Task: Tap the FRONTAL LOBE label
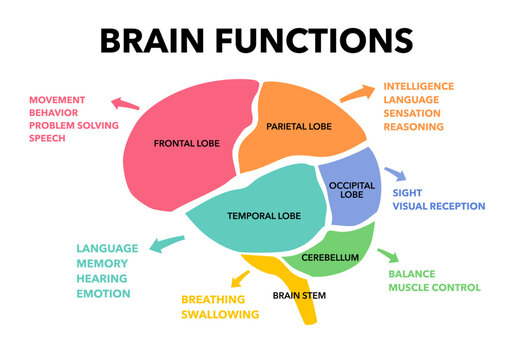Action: [187, 144]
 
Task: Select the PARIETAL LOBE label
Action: [299, 127]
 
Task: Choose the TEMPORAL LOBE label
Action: [263, 215]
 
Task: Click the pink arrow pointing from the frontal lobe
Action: [124, 103]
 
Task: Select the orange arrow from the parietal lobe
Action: [353, 93]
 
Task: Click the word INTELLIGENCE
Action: [418, 87]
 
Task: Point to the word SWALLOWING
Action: [220, 314]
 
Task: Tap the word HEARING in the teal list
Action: [102, 278]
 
